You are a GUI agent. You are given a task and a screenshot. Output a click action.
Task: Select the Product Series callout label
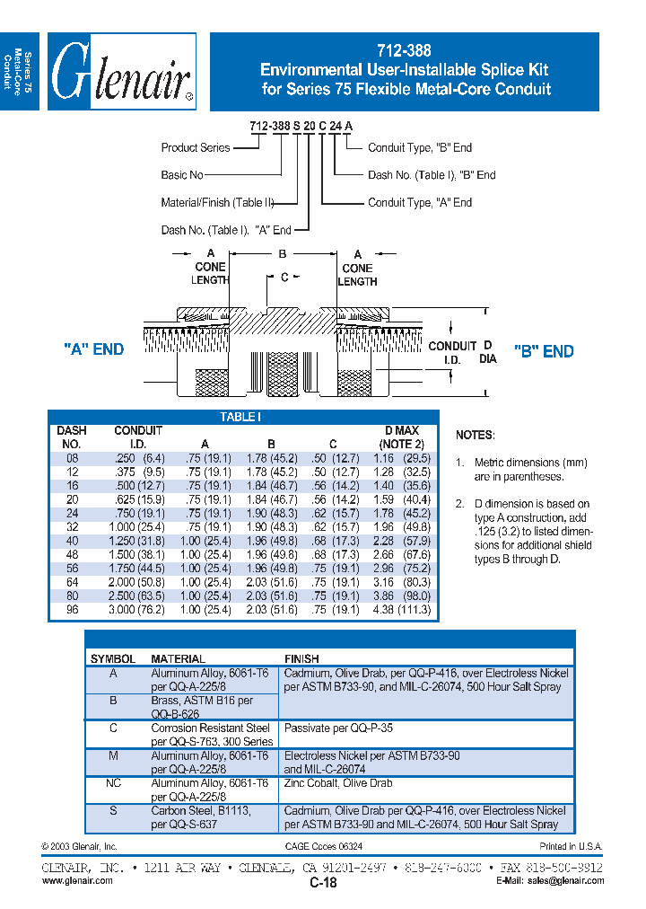(x=196, y=147)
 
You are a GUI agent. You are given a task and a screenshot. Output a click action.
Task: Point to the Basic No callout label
(x=182, y=175)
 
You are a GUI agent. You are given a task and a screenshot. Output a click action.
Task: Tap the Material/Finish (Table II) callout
(x=217, y=203)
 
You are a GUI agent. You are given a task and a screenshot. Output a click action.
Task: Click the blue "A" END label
(x=94, y=349)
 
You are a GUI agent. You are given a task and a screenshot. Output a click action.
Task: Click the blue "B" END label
(x=544, y=351)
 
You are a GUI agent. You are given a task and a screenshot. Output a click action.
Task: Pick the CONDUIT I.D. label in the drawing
(x=452, y=351)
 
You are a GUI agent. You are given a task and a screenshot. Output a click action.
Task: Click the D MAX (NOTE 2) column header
(x=401, y=437)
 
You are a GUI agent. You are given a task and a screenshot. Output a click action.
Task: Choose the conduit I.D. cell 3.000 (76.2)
(x=138, y=610)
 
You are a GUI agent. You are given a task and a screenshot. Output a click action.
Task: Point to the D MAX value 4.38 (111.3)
(x=402, y=610)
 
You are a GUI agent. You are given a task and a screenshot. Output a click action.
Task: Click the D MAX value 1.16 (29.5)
(x=402, y=458)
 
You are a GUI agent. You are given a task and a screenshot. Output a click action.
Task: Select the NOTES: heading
(x=475, y=435)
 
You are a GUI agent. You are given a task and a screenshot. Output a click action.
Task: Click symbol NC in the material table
(x=113, y=783)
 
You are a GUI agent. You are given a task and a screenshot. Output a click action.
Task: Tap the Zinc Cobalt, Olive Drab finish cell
(x=338, y=783)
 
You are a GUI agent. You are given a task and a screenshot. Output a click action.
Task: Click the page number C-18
(x=323, y=883)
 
